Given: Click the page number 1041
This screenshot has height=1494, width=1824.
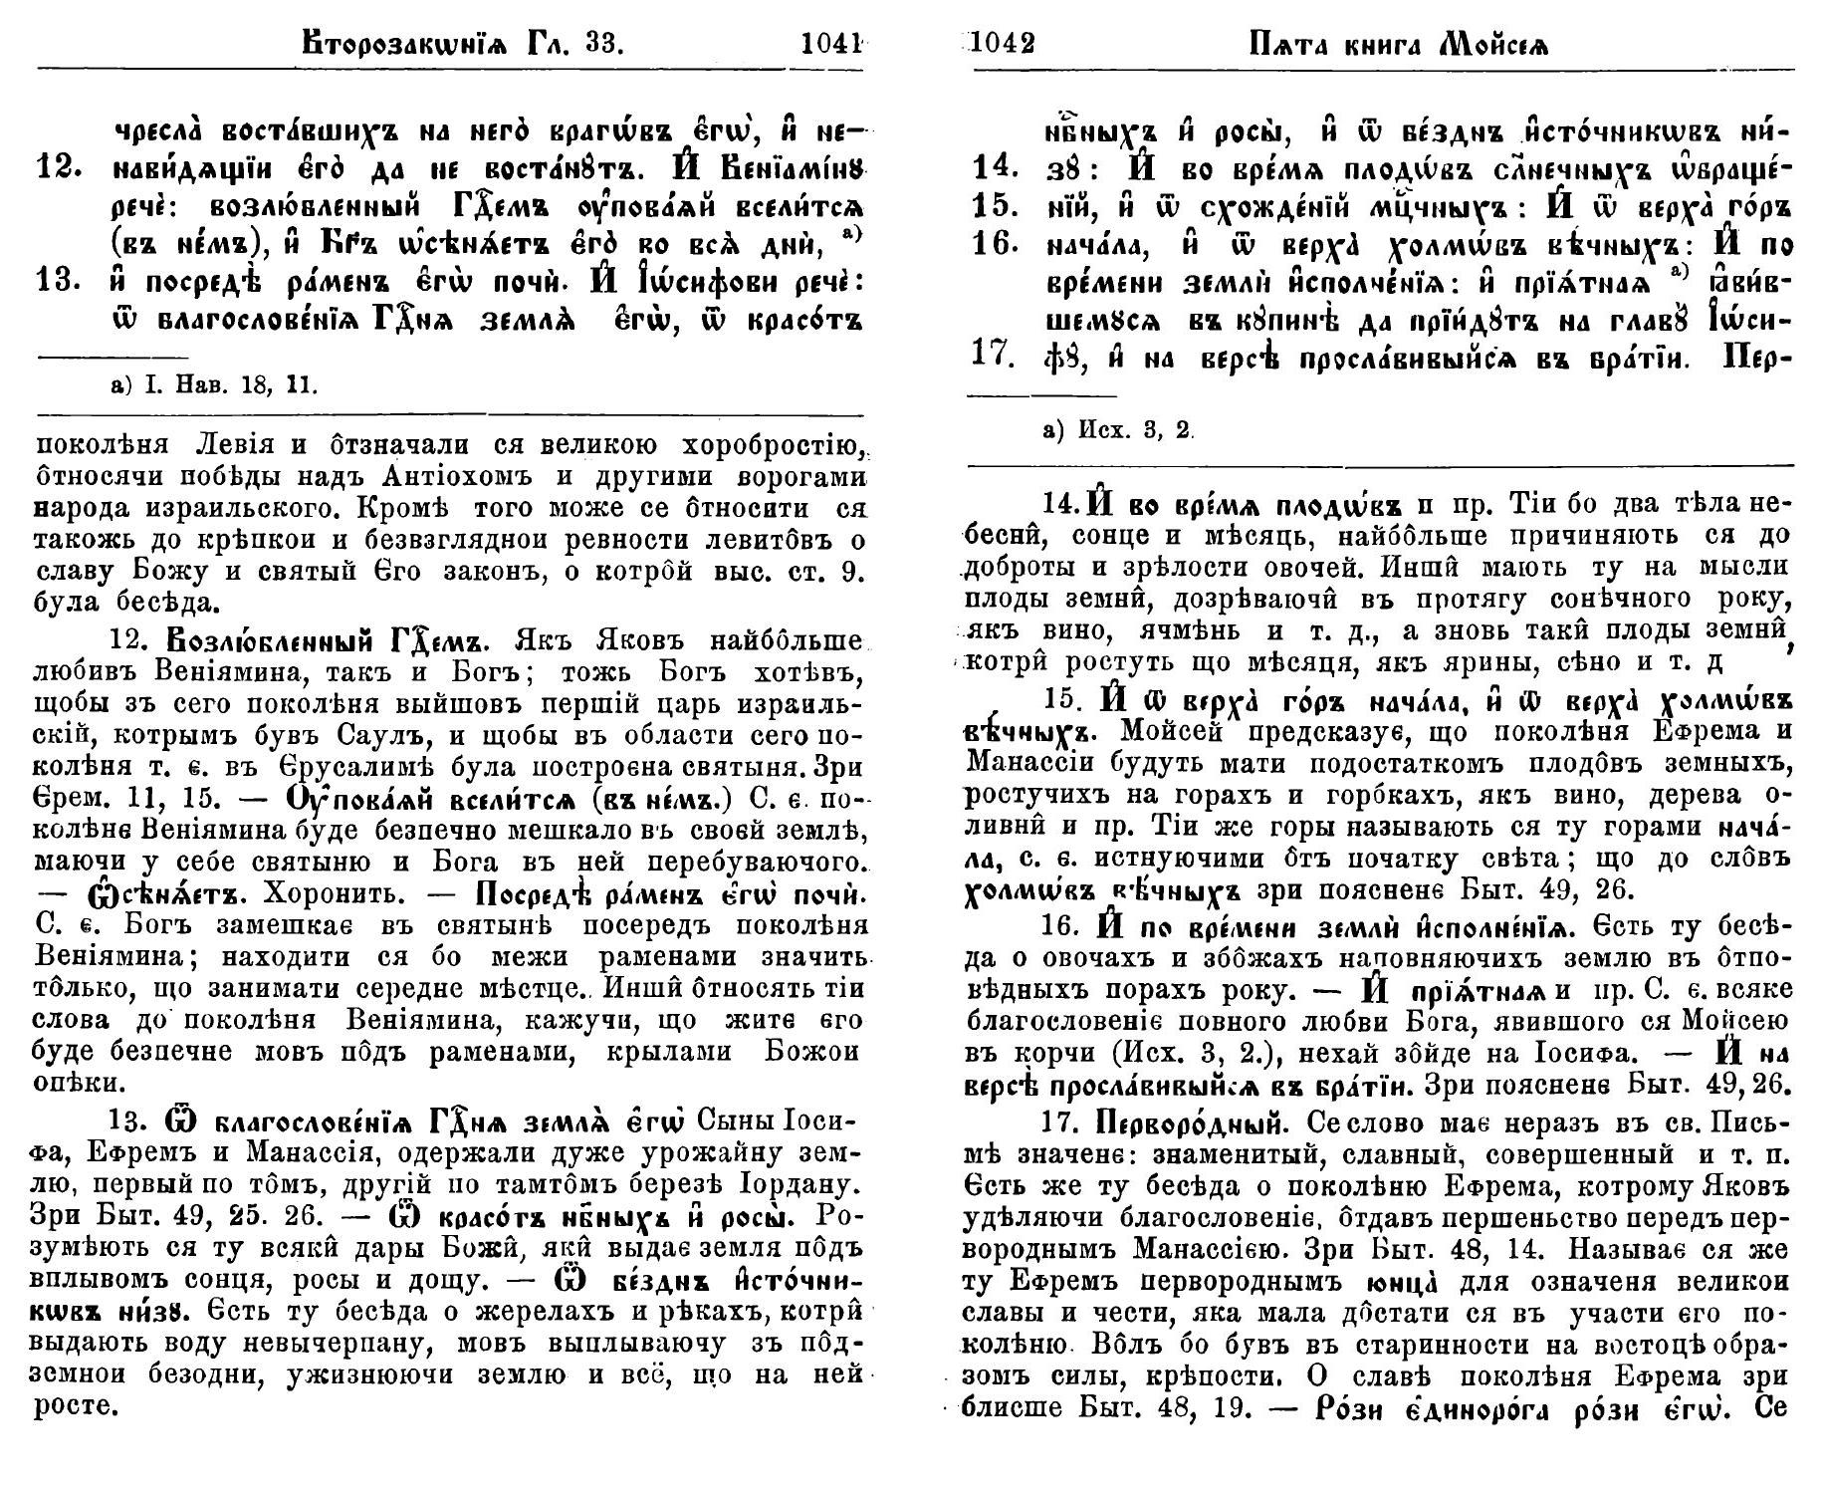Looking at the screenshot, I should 830,43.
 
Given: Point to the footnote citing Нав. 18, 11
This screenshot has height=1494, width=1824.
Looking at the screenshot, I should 215,384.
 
